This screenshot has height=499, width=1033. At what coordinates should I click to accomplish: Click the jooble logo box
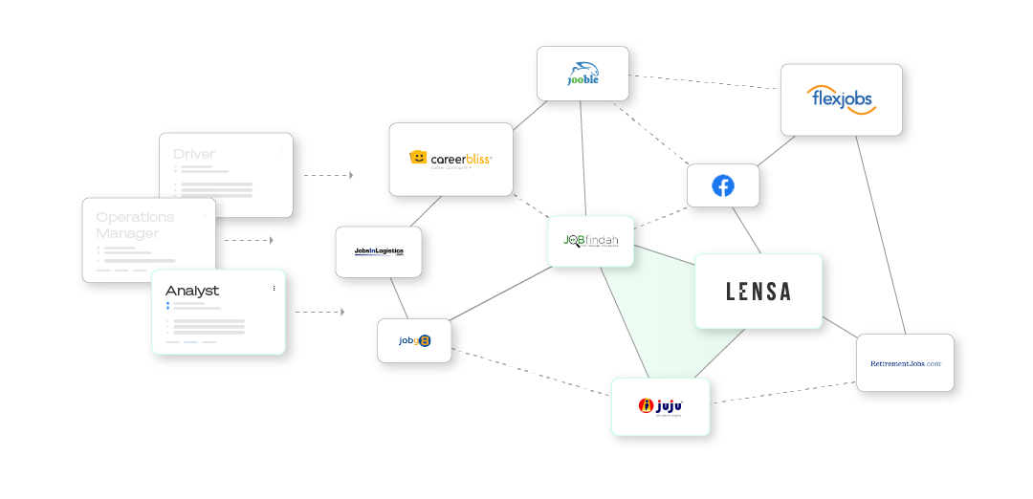coord(582,75)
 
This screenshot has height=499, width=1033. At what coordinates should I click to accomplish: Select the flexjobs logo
coord(841,99)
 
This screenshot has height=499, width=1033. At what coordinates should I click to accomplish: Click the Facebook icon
coord(722,185)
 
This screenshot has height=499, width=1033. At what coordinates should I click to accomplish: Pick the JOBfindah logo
coord(590,241)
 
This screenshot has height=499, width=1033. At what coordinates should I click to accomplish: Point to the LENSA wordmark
coord(758,292)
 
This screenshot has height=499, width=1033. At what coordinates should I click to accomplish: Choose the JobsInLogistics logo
coord(378,251)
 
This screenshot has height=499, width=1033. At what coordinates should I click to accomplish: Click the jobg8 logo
coord(414,339)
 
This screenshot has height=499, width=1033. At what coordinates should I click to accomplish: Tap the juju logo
coord(659,405)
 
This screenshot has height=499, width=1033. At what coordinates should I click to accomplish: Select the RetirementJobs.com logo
coord(905,363)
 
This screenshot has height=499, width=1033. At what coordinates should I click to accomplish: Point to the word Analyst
coord(192,291)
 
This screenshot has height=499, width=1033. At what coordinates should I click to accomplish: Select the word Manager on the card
coord(127,233)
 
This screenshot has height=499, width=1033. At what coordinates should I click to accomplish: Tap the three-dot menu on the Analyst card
coord(274,288)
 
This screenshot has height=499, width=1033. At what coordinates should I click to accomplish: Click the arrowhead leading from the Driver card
coord(351,175)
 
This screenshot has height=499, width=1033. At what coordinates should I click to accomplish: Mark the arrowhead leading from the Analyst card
coord(341,312)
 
